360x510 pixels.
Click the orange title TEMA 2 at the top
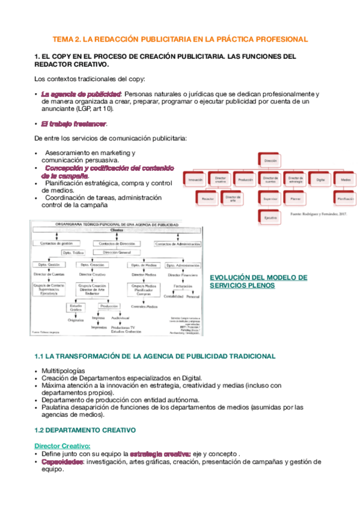[x=180, y=39]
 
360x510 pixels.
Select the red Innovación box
[x=195, y=179]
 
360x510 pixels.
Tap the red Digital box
[x=320, y=179]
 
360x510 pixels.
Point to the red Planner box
[x=295, y=197]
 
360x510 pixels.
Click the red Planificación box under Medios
[x=345, y=197]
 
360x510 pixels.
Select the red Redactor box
[x=208, y=197]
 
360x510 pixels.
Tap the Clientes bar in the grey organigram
[x=117, y=230]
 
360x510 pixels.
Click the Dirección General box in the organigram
[x=117, y=253]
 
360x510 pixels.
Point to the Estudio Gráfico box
[x=76, y=308]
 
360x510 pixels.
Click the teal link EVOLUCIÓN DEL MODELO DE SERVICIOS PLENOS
[x=258, y=281]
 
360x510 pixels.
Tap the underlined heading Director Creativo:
[x=63, y=445]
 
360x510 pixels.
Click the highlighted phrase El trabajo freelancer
[x=73, y=124]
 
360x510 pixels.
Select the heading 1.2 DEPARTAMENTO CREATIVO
[x=85, y=430]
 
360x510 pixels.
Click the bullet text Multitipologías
[x=63, y=370]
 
